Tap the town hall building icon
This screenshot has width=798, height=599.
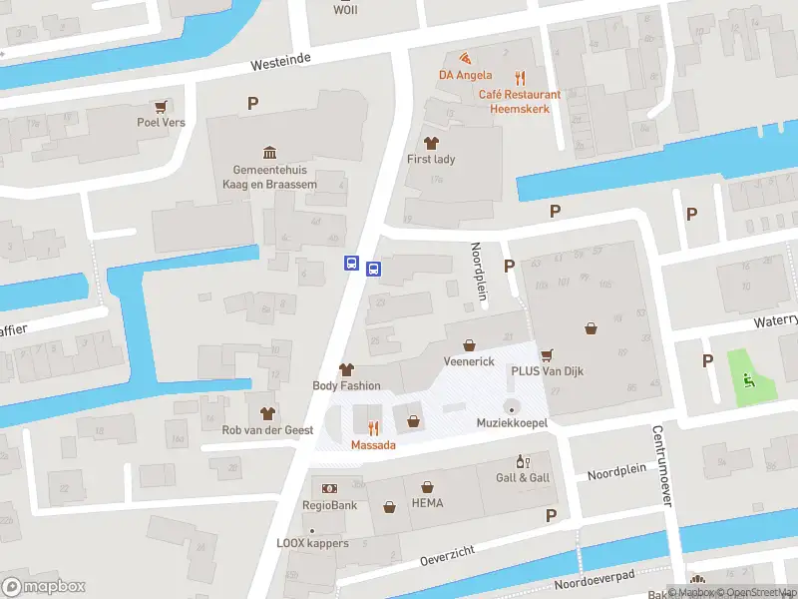(269, 152)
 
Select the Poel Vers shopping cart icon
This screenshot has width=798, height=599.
(160, 106)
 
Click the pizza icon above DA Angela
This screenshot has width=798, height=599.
(465, 58)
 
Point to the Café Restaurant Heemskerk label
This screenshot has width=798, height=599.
(519, 101)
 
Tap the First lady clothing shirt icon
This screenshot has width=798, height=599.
(431, 143)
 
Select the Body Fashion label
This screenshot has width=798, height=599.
(346, 385)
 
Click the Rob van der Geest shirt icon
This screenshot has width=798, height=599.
(267, 412)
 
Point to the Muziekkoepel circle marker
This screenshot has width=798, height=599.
(512, 406)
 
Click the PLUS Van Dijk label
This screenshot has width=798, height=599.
(547, 371)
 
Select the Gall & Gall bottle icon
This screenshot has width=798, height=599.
(520, 461)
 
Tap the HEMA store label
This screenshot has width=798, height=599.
(427, 503)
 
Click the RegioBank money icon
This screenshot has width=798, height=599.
(329, 488)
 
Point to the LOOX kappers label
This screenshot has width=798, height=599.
(312, 543)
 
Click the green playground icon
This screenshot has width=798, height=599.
(749, 378)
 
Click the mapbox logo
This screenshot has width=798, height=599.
(44, 586)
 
